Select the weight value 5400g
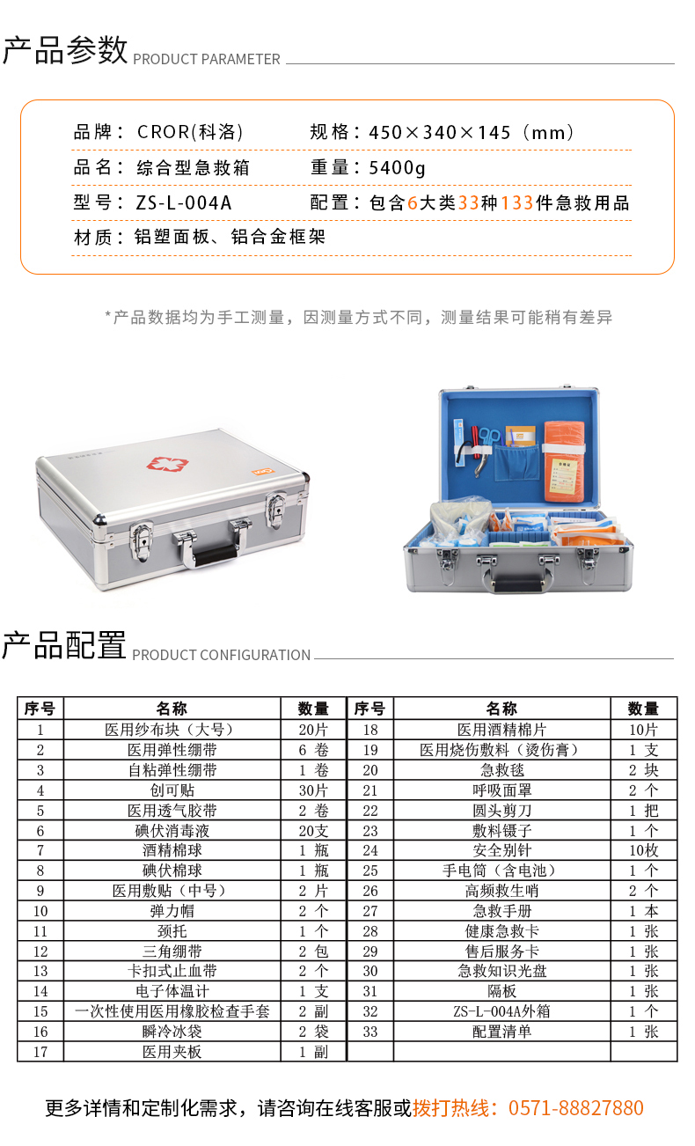pos(397,167)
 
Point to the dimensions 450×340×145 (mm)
pos(472,133)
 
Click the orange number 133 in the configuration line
pos(517,202)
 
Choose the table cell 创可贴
pos(172,790)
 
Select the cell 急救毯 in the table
pos(501,769)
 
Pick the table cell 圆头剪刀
pos(501,810)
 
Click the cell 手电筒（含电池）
pos(501,871)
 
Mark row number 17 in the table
pos(40,1052)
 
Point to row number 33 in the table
pos(370,1032)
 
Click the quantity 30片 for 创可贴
pos(313,790)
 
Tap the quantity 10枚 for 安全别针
pos(643,850)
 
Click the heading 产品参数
pos(65,50)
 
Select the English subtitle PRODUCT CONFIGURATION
pos(221,655)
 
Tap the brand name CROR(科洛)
pos(189,133)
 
